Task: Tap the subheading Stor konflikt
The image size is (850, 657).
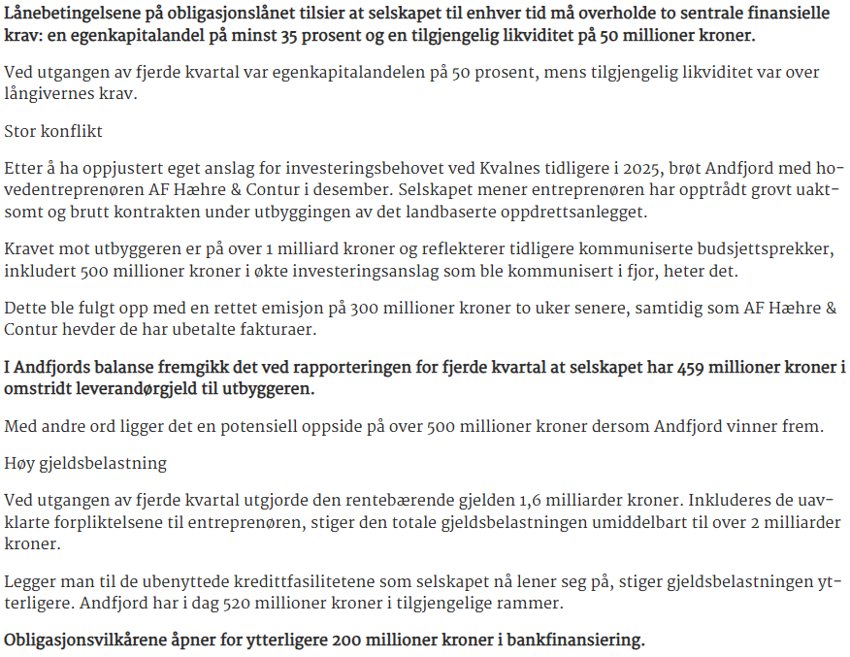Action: pos(53,130)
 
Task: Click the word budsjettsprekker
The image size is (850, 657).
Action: pos(765,250)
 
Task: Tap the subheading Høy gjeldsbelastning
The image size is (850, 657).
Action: pos(85,463)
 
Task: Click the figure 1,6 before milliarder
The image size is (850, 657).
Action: pos(519,501)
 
